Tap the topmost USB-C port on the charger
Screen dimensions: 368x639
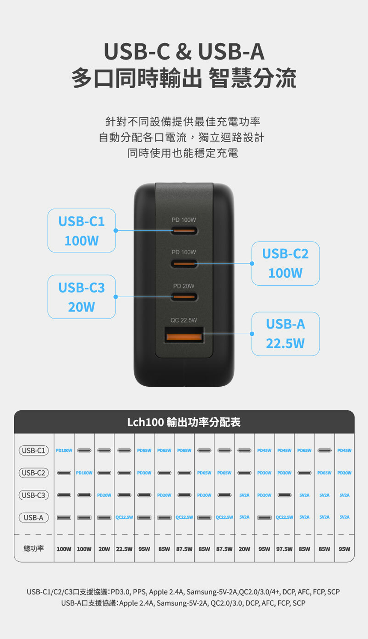click(x=184, y=231)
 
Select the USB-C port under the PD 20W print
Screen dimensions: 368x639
click(x=184, y=296)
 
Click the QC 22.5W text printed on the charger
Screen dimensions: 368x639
click(x=184, y=320)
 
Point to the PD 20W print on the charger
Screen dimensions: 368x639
click(x=184, y=286)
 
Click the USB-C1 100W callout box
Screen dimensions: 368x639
click(x=81, y=230)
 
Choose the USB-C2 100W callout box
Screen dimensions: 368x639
click(x=285, y=263)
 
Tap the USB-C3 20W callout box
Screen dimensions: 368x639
click(x=81, y=297)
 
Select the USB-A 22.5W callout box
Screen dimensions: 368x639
click(x=285, y=334)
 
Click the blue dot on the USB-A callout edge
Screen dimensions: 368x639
click(x=252, y=334)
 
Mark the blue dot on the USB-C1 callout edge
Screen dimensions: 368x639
click(x=116, y=230)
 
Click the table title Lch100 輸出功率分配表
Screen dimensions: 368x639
click(x=184, y=422)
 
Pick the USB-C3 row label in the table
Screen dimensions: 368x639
click(x=33, y=495)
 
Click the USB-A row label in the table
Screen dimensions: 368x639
click(x=33, y=517)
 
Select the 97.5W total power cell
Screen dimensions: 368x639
click(x=285, y=549)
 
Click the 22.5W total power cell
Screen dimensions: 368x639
click(x=124, y=549)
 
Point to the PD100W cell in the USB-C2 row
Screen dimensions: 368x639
click(x=84, y=473)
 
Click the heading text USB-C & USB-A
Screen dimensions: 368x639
click(x=184, y=52)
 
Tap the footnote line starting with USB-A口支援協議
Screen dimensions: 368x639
click(x=183, y=603)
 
